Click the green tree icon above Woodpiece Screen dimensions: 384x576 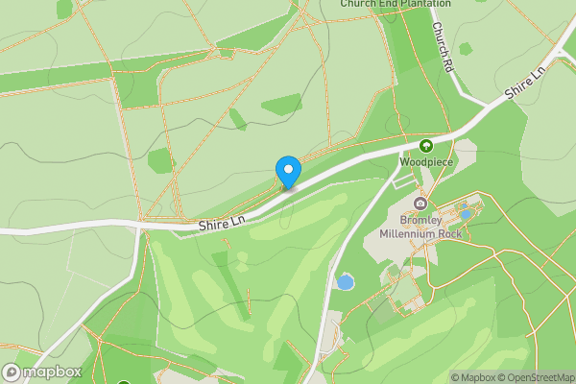(x=426, y=146)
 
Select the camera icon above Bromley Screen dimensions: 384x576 (x=420, y=203)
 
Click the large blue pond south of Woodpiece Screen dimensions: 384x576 (x=344, y=282)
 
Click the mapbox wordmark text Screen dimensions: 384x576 (x=53, y=372)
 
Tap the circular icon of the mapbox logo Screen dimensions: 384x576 (x=12, y=372)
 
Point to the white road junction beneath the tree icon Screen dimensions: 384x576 (x=401, y=154)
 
